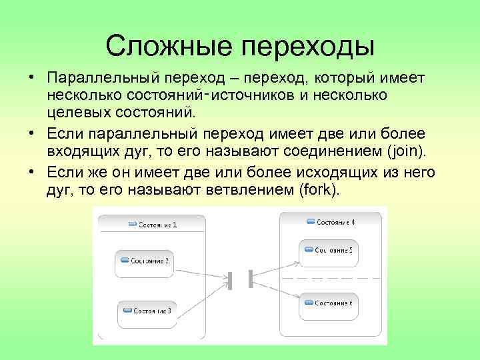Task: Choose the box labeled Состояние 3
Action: [x=147, y=311]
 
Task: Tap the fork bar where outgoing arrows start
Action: [x=250, y=279]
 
